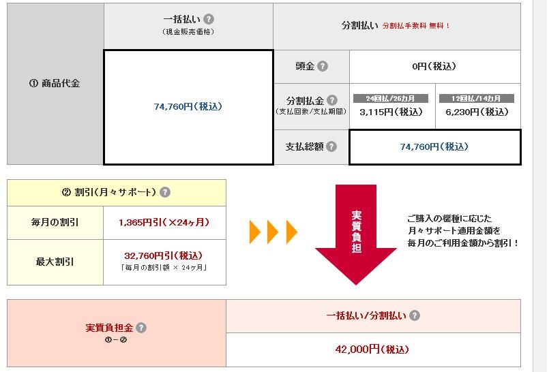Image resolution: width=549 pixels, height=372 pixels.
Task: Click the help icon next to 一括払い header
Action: [209, 20]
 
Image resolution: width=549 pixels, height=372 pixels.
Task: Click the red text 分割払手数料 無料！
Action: [416, 26]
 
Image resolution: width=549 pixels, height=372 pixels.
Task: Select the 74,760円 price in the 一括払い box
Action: [188, 107]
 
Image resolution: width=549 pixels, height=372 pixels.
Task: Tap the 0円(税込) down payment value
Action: [434, 67]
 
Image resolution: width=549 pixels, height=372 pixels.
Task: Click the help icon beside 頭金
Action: [323, 67]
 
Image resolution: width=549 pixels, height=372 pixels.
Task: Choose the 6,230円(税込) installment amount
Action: [477, 112]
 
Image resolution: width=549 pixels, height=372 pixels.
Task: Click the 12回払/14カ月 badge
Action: [477, 98]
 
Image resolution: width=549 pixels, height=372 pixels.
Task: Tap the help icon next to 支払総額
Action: [331, 146]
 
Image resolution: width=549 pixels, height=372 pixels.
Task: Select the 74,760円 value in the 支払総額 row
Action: [434, 146]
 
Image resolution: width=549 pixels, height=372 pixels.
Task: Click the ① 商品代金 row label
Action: [55, 84]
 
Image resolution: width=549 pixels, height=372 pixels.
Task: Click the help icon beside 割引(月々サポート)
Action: [165, 192]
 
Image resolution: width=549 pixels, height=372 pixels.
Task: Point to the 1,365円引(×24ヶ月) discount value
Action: [164, 222]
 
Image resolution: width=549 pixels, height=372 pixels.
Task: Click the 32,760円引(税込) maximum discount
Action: [164, 256]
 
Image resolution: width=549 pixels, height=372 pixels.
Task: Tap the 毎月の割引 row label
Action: [55, 222]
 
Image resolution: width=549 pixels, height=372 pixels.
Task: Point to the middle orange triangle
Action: [273, 232]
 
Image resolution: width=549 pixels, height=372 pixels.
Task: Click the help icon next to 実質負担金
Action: [141, 328]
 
